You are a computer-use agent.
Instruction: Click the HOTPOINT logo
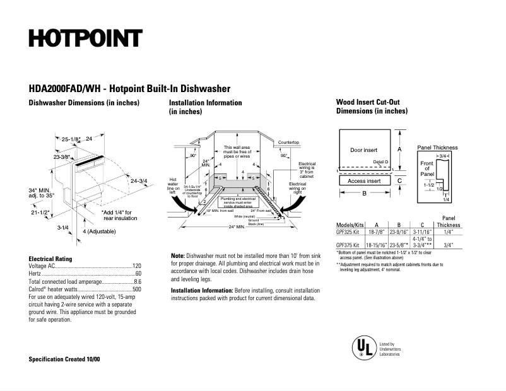(x=85, y=38)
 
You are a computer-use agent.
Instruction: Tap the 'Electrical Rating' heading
(x=50, y=259)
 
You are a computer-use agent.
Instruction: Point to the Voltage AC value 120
(x=136, y=267)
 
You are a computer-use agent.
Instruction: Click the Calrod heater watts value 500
(x=136, y=289)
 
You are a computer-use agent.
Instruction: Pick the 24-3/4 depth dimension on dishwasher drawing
(x=138, y=181)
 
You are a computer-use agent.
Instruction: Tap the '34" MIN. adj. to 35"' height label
(x=42, y=192)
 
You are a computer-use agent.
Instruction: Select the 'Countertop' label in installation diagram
(x=288, y=143)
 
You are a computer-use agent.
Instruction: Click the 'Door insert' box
(x=363, y=150)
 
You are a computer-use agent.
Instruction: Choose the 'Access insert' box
(x=364, y=181)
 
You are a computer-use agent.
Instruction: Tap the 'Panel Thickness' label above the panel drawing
(x=437, y=148)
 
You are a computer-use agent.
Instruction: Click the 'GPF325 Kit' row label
(x=348, y=232)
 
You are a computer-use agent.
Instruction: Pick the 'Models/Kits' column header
(x=350, y=225)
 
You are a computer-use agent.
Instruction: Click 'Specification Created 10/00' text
(x=64, y=359)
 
